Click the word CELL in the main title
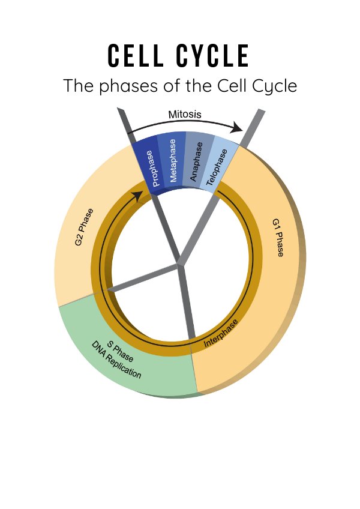[x=136, y=56]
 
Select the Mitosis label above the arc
[x=185, y=114]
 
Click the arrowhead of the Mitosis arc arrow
[x=238, y=128]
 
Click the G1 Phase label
[x=277, y=238]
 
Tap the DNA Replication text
[x=116, y=363]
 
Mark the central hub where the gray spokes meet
[x=178, y=264]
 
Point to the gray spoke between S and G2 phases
[x=141, y=278]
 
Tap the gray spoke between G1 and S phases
[x=188, y=306]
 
